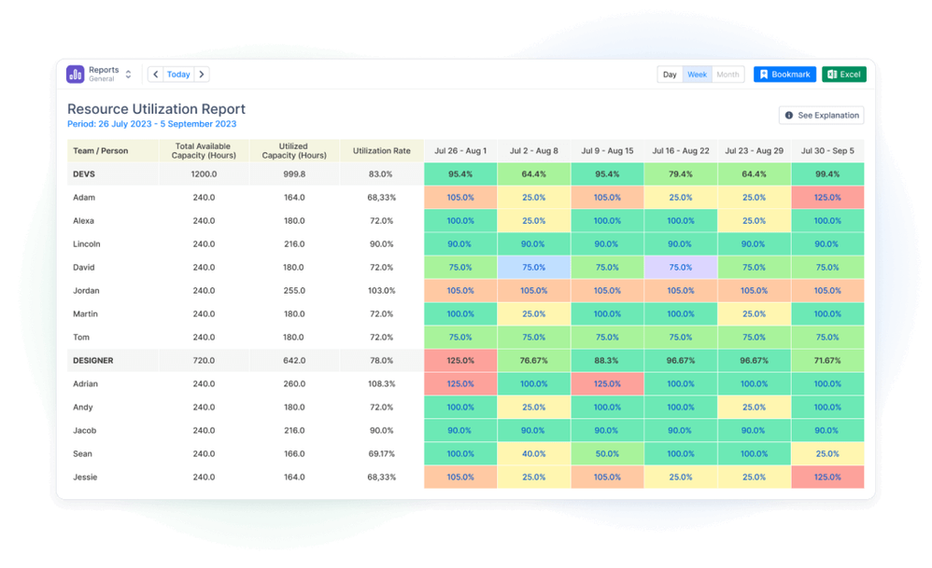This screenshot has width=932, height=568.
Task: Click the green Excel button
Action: click(844, 75)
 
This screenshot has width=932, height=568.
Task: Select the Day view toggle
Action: click(670, 75)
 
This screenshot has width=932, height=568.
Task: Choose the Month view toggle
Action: click(727, 75)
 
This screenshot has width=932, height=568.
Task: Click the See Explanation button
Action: click(821, 116)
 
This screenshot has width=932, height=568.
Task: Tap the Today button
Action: click(178, 75)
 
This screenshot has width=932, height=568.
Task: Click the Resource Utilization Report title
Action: click(156, 109)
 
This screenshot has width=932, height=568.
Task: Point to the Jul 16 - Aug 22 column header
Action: click(681, 150)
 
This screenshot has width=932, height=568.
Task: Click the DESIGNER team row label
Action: click(100, 360)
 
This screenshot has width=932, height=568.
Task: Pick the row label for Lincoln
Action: click(87, 244)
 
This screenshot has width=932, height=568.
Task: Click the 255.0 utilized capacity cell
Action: click(293, 291)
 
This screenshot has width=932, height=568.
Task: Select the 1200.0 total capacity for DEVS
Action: click(204, 174)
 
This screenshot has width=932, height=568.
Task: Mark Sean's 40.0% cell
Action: click(533, 454)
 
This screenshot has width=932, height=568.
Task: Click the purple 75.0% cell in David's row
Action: click(681, 268)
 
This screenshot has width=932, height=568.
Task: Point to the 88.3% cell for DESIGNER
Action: click(607, 360)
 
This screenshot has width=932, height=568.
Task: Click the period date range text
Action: click(151, 124)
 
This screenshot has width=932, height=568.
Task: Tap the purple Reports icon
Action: click(76, 75)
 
